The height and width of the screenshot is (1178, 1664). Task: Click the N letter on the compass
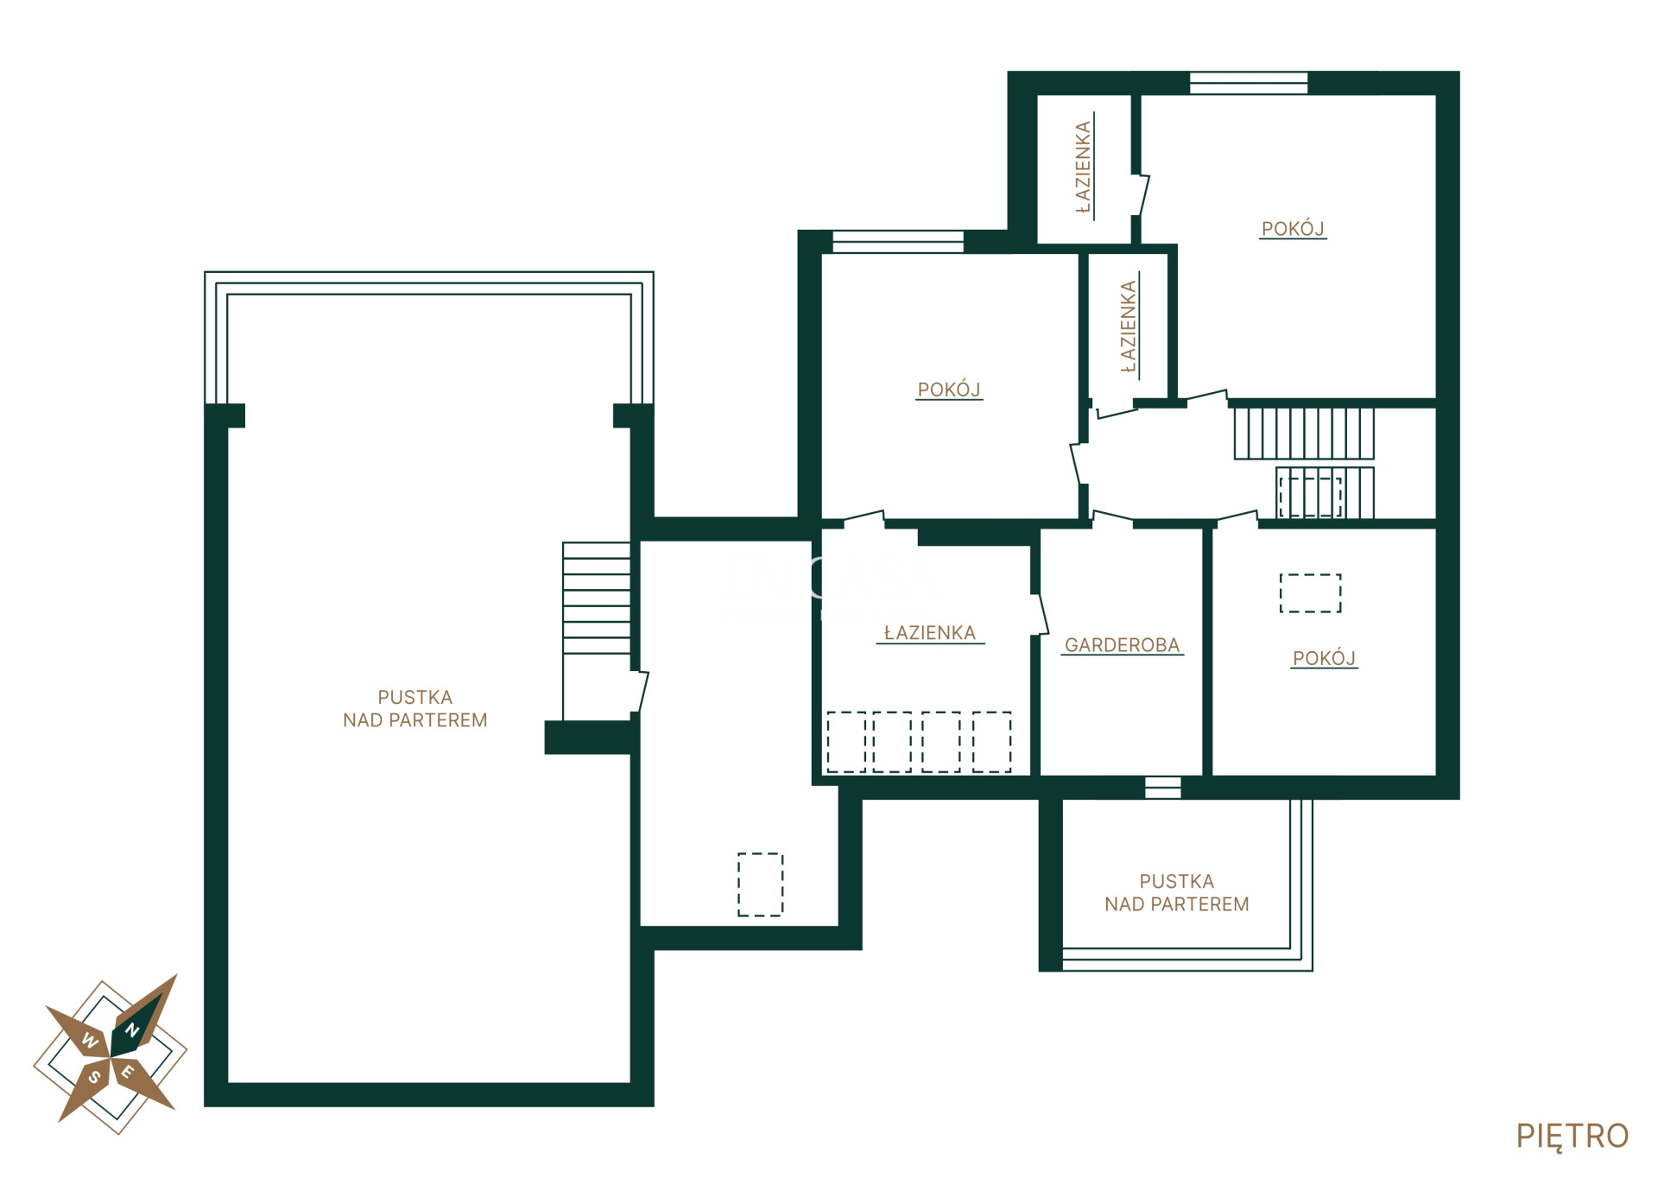point(133,1030)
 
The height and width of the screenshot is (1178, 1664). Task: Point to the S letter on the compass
point(94,1078)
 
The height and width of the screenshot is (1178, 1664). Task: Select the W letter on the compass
point(89,1041)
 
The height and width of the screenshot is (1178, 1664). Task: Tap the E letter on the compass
point(128,1073)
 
